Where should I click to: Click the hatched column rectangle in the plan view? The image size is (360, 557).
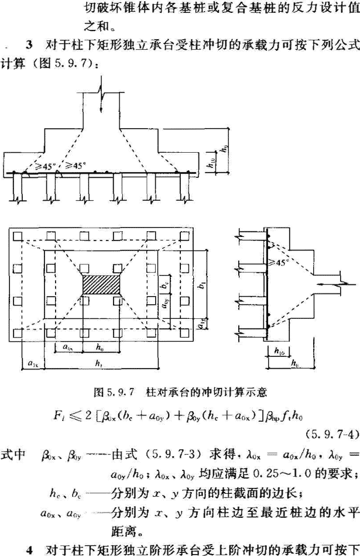[102, 285]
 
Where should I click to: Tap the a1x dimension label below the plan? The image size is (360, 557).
[30, 364]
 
